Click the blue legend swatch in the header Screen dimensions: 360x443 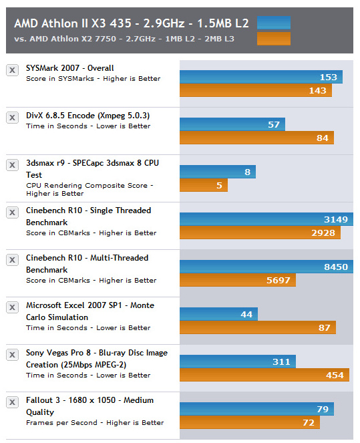[x=274, y=23]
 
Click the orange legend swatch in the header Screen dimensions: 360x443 [x=274, y=39]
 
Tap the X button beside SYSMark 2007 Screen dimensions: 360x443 [x=12, y=70]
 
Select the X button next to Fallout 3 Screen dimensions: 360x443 [x=12, y=402]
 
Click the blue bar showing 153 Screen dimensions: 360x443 [x=261, y=77]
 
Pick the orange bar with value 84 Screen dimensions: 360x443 [x=256, y=138]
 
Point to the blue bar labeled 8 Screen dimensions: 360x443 [x=218, y=172]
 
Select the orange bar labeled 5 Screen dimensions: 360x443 [x=204, y=185]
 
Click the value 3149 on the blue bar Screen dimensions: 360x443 [x=336, y=220]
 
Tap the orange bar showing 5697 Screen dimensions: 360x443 [x=238, y=280]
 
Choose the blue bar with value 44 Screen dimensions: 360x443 [x=218, y=314]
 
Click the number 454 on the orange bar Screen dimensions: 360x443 [x=335, y=376]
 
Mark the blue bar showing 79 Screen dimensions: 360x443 [x=256, y=409]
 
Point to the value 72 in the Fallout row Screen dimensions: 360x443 [x=309, y=423]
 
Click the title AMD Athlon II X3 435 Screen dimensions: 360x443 [x=73, y=23]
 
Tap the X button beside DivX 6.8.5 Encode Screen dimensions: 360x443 [x=12, y=118]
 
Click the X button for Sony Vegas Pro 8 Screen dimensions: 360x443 [x=12, y=355]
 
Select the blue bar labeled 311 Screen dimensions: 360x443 [x=238, y=361]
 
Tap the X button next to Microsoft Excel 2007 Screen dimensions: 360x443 [x=12, y=307]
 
